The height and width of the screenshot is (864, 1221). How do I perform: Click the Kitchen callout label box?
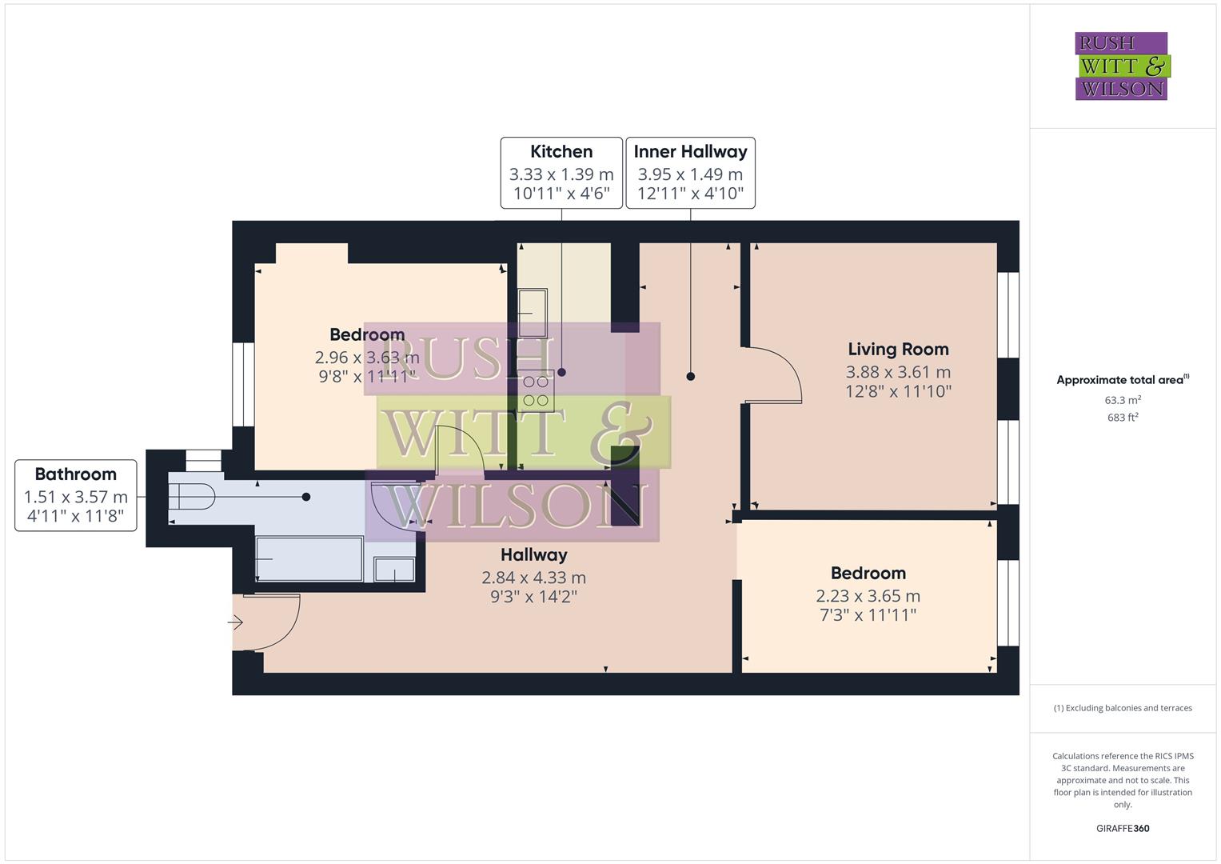[x=561, y=173]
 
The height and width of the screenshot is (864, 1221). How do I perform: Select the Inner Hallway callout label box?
[x=690, y=173]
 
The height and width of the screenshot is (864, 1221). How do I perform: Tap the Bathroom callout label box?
[x=76, y=495]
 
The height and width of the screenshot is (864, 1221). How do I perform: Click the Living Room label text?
[x=898, y=350]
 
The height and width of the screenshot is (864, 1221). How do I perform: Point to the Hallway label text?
[x=534, y=554]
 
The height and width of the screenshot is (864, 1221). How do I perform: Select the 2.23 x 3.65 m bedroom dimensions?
[x=868, y=596]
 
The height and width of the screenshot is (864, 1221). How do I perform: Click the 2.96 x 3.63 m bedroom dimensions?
[x=367, y=357]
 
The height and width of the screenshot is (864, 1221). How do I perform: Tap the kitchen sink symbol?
[x=532, y=313]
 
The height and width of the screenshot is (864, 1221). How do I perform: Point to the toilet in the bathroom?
[x=192, y=497]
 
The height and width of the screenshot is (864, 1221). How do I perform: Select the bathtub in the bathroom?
[x=308, y=558]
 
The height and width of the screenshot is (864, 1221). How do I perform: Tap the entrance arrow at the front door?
[x=236, y=622]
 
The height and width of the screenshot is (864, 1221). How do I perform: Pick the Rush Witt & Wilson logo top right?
[x=1121, y=66]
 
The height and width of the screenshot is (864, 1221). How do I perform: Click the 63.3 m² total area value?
[x=1123, y=400]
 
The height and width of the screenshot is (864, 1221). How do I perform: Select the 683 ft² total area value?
[x=1123, y=418]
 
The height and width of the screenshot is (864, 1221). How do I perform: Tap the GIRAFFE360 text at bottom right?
[x=1123, y=828]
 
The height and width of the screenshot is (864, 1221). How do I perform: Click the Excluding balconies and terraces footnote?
[x=1123, y=708]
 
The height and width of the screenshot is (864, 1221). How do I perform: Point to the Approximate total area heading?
[x=1121, y=380]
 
